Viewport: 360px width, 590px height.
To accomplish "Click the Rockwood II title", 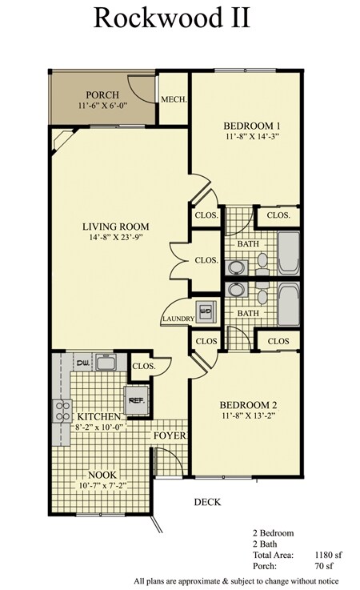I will (x=180, y=18).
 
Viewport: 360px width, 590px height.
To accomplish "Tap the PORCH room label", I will (x=102, y=95).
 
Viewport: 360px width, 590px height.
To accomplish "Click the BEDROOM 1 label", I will (x=250, y=126).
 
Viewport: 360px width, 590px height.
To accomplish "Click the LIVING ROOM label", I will (x=116, y=226).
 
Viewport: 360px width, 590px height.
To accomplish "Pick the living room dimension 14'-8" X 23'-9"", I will (x=116, y=239).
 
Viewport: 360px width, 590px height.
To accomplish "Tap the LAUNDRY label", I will (x=178, y=319).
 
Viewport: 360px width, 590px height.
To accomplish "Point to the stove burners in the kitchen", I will (x=61, y=411).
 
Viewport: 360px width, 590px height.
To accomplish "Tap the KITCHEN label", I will (x=99, y=417).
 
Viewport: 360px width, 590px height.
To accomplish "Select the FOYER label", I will (x=170, y=435).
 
